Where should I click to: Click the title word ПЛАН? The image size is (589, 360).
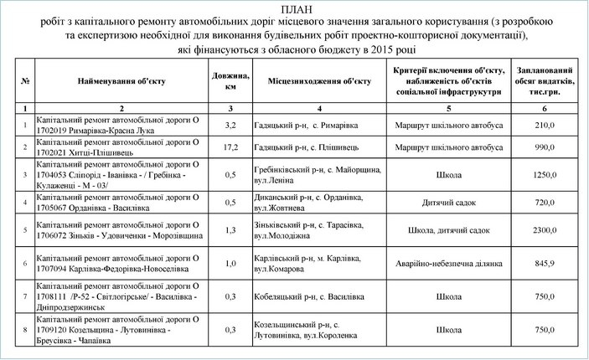294,9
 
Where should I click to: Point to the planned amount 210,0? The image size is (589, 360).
545,125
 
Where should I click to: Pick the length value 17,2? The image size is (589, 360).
230,147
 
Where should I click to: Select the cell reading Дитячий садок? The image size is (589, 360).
448,203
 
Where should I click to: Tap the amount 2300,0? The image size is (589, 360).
545,229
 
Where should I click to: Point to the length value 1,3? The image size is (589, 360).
230,229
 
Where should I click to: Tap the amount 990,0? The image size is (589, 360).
545,147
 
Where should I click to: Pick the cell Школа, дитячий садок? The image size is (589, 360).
448,229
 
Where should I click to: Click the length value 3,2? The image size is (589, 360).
230,125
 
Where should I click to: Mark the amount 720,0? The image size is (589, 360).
545,203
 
